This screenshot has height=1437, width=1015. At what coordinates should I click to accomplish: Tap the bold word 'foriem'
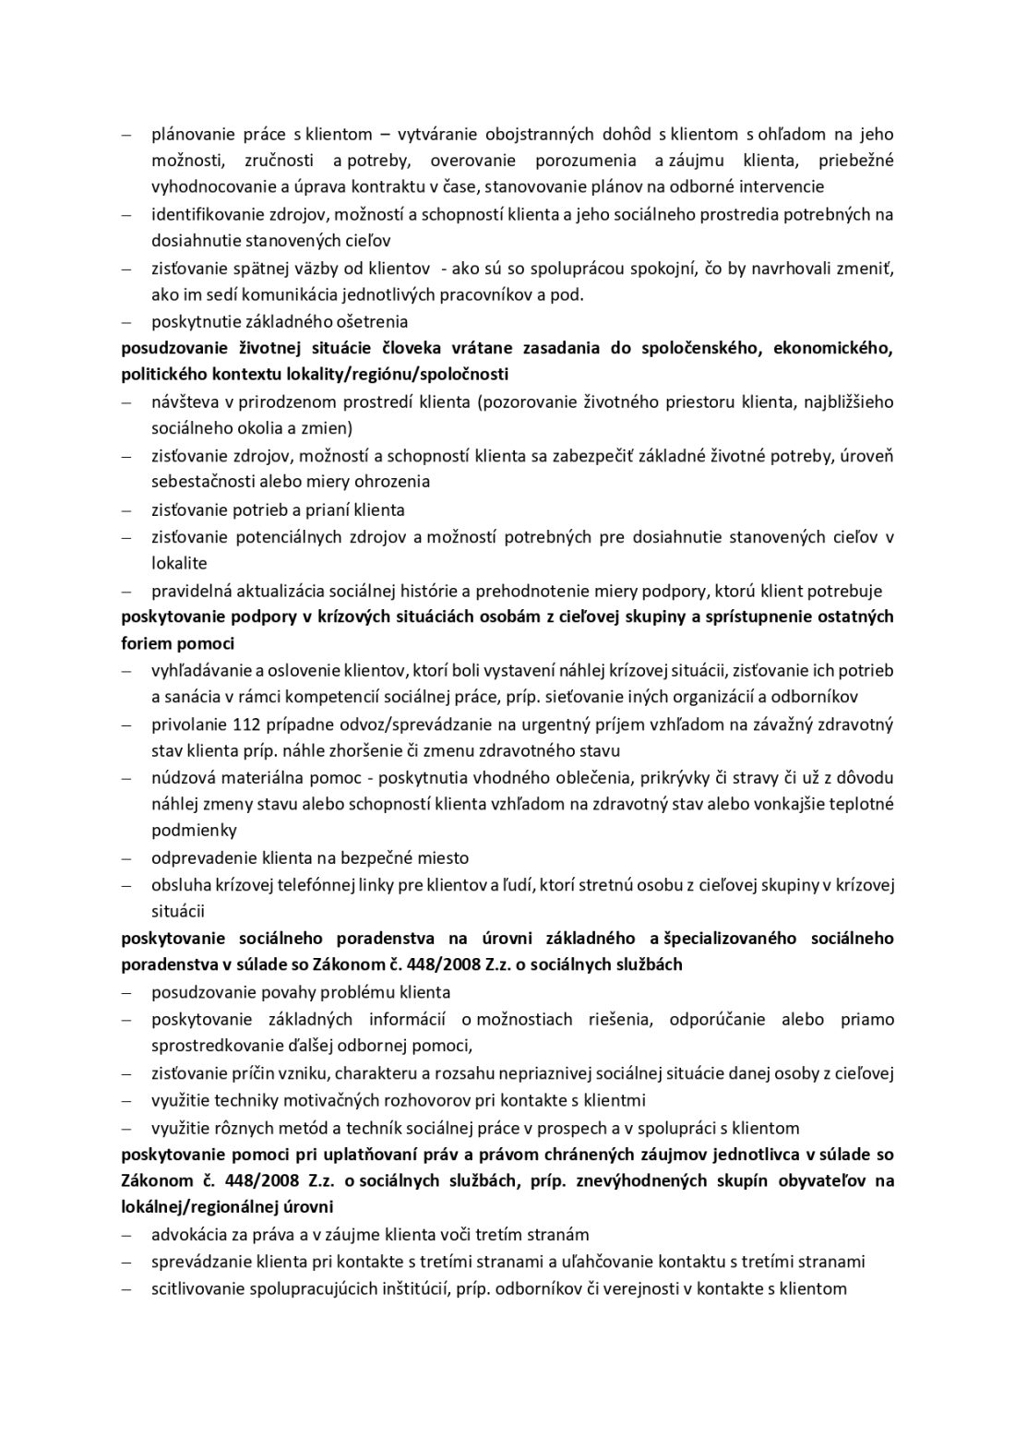tap(144, 643)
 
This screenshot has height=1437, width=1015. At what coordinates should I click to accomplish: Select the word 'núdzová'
tap(182, 777)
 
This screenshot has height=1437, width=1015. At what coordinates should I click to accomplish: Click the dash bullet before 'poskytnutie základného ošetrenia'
tap(126, 322)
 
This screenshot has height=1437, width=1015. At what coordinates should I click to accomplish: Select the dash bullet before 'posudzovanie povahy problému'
tap(126, 993)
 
